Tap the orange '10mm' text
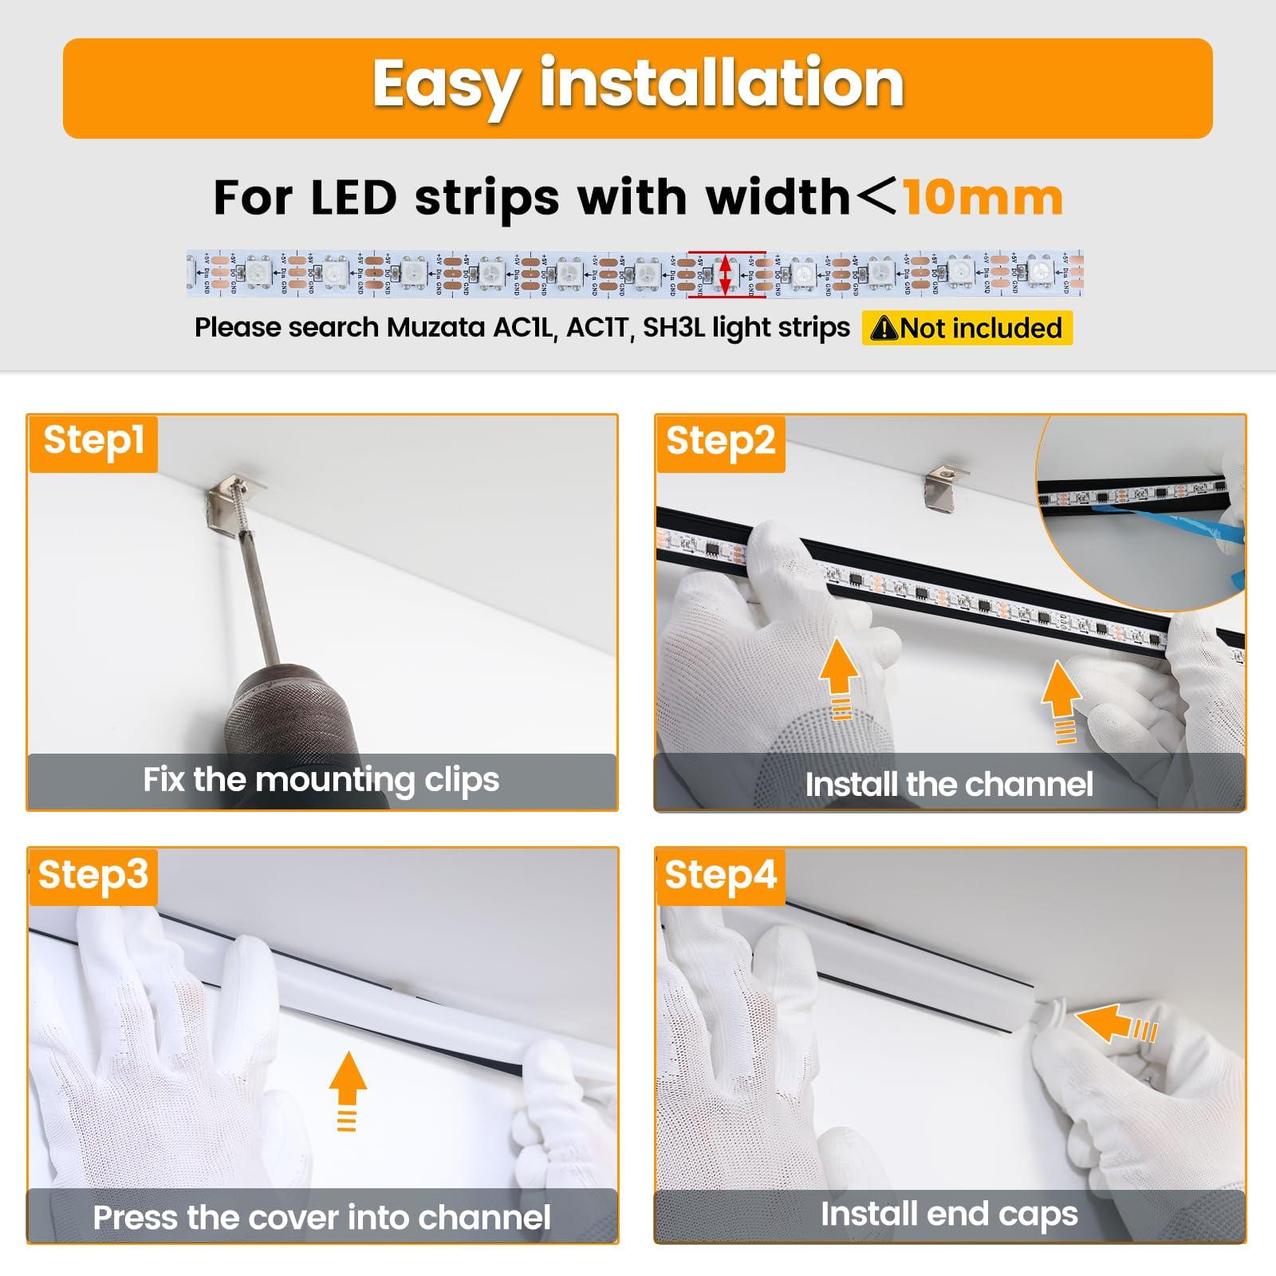click(983, 198)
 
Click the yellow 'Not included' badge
click(967, 328)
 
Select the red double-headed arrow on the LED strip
click(725, 274)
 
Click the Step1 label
click(93, 440)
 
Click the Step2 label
click(720, 441)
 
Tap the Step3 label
click(93, 875)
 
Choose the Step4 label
click(720, 875)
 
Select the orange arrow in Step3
click(348, 1089)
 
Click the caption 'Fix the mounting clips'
click(321, 780)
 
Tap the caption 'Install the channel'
click(949, 785)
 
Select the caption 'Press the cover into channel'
click(321, 1218)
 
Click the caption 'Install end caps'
click(949, 1214)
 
